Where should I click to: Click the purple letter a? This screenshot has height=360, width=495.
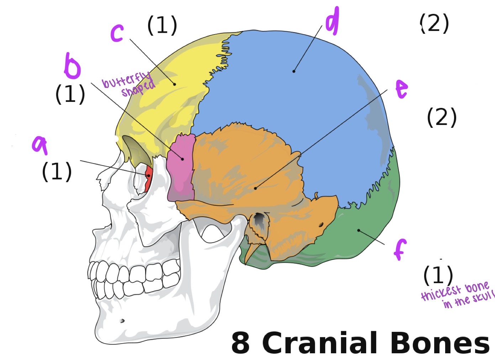pyautogui.click(x=40, y=145)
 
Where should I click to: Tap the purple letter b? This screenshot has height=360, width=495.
pyautogui.click(x=72, y=66)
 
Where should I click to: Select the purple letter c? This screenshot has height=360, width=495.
pyautogui.click(x=117, y=33)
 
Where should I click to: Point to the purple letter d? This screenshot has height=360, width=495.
pyautogui.click(x=332, y=21)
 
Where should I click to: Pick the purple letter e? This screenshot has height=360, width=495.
pyautogui.click(x=401, y=89)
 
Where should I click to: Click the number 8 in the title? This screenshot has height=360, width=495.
pyautogui.click(x=241, y=343)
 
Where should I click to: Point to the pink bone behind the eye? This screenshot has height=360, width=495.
pyautogui.click(x=181, y=167)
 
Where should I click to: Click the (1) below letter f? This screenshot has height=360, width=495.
pyautogui.click(x=438, y=275)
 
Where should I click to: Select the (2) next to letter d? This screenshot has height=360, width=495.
pyautogui.click(x=434, y=24)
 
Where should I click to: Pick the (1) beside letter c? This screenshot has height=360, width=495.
pyautogui.click(x=162, y=25)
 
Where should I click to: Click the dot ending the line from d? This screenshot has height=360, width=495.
pyautogui.click(x=294, y=71)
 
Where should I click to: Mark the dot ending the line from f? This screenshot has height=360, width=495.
pyautogui.click(x=359, y=230)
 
